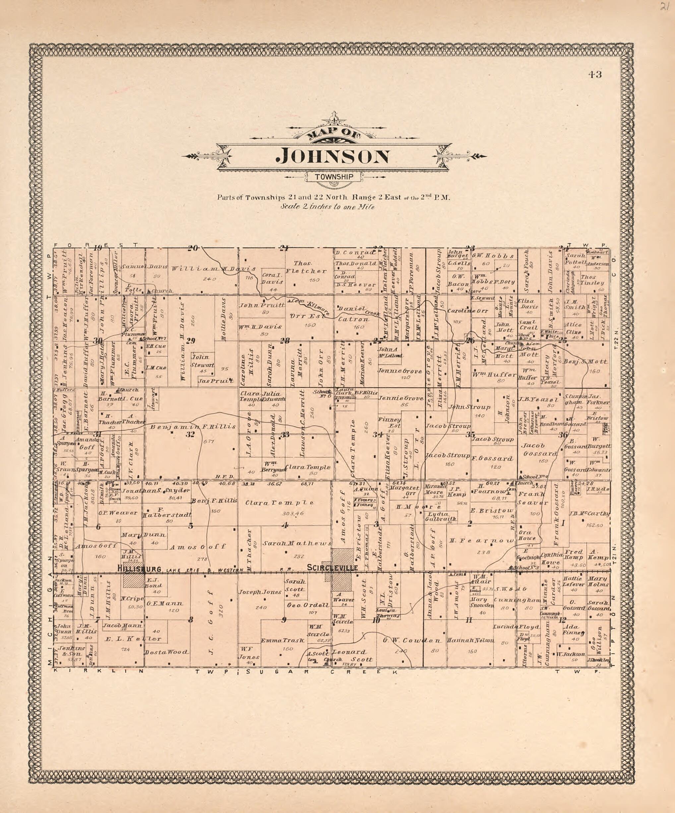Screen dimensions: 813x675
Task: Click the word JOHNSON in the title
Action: [x=333, y=156]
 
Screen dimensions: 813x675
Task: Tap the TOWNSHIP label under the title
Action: [x=334, y=177]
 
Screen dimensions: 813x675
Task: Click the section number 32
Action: [x=190, y=434]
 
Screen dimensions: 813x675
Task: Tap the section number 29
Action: [x=191, y=341]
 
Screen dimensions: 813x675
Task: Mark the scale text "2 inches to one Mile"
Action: [x=328, y=207]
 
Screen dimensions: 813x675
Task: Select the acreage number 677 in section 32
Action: [x=211, y=441]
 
